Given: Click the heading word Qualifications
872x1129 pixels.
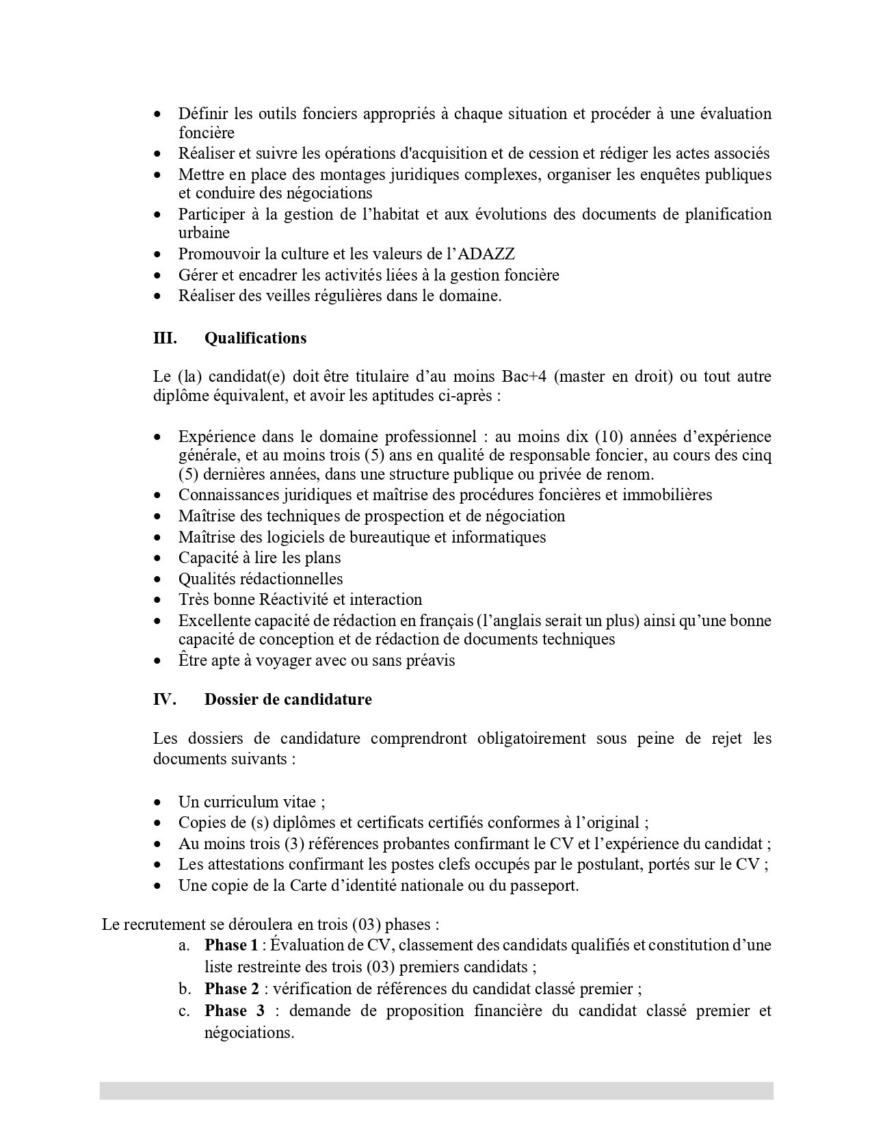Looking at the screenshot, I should (x=255, y=338).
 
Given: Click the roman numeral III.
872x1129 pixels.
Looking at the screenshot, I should (x=165, y=338).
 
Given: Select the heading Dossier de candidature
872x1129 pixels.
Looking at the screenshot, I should (x=288, y=699).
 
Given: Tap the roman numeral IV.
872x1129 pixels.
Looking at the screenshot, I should (x=165, y=699).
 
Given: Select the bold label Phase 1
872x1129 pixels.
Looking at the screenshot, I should (x=231, y=945).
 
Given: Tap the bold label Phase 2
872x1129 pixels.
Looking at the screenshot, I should (x=231, y=989).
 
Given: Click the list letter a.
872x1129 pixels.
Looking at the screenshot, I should (x=183, y=946).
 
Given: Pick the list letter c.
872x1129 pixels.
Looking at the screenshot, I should (x=183, y=1011).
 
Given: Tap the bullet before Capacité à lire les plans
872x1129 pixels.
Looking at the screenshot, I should (x=158, y=558).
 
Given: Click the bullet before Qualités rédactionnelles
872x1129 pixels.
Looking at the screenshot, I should (x=158, y=580).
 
